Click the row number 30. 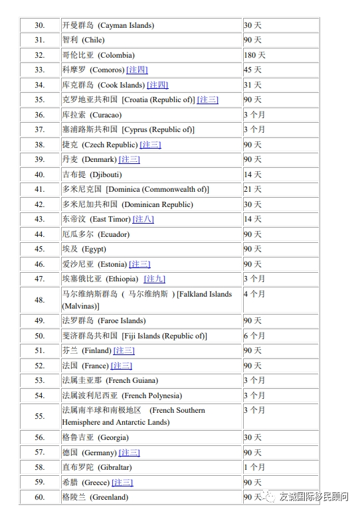(39, 25)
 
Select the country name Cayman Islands (108, 25)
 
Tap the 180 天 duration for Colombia (254, 55)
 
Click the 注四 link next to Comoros (137, 70)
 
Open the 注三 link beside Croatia (207, 100)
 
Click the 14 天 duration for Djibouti (252, 175)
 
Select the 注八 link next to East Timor (143, 219)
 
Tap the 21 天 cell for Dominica (252, 189)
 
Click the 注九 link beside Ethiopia (155, 279)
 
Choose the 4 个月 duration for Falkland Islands (254, 293)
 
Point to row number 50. (39, 336)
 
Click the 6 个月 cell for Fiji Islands (254, 336)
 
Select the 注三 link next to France (122, 366)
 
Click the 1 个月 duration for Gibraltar (254, 467)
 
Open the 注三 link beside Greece (122, 482)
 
